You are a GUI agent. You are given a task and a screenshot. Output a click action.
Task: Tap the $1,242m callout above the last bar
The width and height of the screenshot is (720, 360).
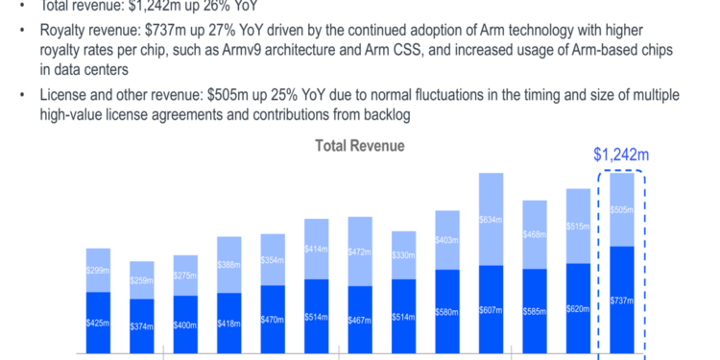click(x=621, y=154)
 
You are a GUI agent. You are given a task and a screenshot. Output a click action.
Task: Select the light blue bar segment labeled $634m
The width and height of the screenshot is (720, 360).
click(x=491, y=219)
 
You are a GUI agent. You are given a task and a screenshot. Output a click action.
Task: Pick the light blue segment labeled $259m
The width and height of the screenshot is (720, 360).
click(x=142, y=280)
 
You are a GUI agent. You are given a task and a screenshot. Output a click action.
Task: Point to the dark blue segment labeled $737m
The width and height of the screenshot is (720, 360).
click(x=621, y=301)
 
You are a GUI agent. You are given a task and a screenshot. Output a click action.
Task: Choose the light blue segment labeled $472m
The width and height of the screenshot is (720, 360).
click(x=360, y=252)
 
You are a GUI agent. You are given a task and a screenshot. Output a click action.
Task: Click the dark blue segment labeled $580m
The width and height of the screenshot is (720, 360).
click(x=447, y=313)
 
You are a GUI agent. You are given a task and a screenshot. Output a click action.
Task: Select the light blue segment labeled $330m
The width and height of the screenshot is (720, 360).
click(x=403, y=254)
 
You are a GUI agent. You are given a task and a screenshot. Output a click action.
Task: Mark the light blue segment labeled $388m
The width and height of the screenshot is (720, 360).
click(x=229, y=264)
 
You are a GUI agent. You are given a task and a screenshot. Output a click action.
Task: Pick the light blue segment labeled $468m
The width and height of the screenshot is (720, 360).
click(x=535, y=233)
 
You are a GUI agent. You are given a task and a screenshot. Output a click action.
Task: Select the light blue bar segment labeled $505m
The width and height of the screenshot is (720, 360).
click(x=621, y=209)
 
